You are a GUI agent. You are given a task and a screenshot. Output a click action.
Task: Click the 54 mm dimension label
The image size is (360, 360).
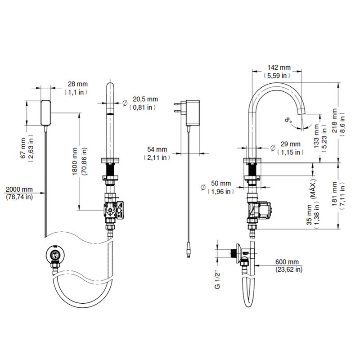click(157, 149)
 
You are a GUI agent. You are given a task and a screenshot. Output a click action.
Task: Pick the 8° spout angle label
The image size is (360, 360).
click(287, 120)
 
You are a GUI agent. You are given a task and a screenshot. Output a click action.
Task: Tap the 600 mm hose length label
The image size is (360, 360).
click(288, 262)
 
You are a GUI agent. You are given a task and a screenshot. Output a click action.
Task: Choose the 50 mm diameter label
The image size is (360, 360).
click(220, 184)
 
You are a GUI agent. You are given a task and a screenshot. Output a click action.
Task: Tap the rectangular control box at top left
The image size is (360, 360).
click(46, 112)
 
